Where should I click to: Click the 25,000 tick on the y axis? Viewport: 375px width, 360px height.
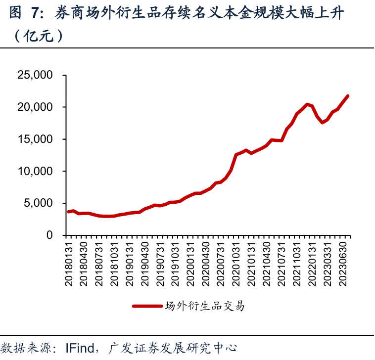click(x=36, y=75)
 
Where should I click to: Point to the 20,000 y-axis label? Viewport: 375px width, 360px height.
click(x=36, y=107)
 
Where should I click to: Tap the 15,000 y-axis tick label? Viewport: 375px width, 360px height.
click(x=36, y=139)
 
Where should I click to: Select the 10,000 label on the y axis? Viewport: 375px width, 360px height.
click(x=36, y=172)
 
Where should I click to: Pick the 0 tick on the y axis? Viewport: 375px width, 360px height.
click(x=49, y=235)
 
